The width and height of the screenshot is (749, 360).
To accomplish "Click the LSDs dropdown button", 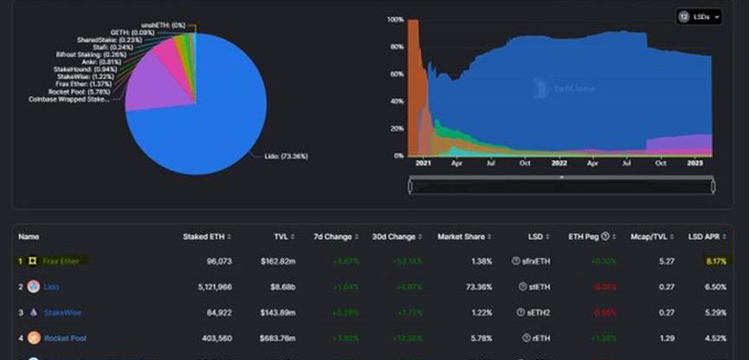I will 698,17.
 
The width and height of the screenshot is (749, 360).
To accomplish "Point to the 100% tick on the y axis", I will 395,19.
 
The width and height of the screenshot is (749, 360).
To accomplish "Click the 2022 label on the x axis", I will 559,163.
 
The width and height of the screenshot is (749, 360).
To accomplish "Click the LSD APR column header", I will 706,236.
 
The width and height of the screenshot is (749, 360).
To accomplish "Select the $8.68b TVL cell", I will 278,286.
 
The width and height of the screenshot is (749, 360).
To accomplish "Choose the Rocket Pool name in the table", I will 67,337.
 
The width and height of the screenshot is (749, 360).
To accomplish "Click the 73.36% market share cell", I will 477,286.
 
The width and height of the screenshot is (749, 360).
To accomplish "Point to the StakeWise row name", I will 61,312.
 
